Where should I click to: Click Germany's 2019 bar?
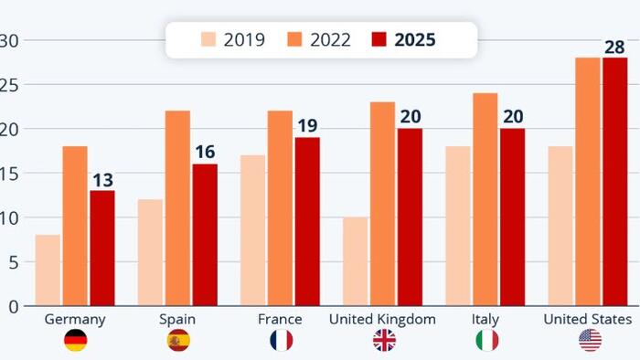[48, 270]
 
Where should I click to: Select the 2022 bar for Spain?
[177, 208]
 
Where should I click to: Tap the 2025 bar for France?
[306, 222]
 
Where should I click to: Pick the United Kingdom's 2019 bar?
[357, 261]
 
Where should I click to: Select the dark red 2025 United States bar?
[615, 182]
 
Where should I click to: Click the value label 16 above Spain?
[205, 151]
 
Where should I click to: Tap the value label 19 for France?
[306, 124]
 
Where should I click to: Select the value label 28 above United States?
[615, 46]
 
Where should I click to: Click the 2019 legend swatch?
[209, 39]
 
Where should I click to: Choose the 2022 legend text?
[331, 39]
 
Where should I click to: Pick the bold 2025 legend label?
[415, 39]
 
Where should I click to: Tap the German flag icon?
[75, 341]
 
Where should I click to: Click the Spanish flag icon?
[177, 341]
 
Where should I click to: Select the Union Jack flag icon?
[384, 341]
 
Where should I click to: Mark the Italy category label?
[486, 319]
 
